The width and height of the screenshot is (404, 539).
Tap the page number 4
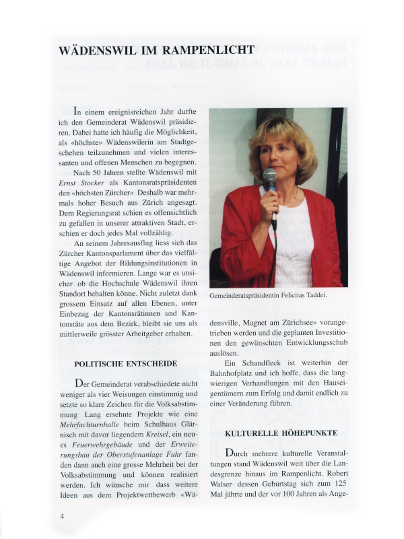tap(61, 516)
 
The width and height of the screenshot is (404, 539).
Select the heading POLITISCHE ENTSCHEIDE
tap(126, 363)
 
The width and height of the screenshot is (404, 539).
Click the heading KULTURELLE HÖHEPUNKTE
tap(281, 433)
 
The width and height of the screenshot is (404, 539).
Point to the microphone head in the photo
tap(269, 177)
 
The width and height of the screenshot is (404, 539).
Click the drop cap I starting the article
tap(77, 112)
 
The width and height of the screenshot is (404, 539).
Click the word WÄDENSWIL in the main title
tap(98, 50)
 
